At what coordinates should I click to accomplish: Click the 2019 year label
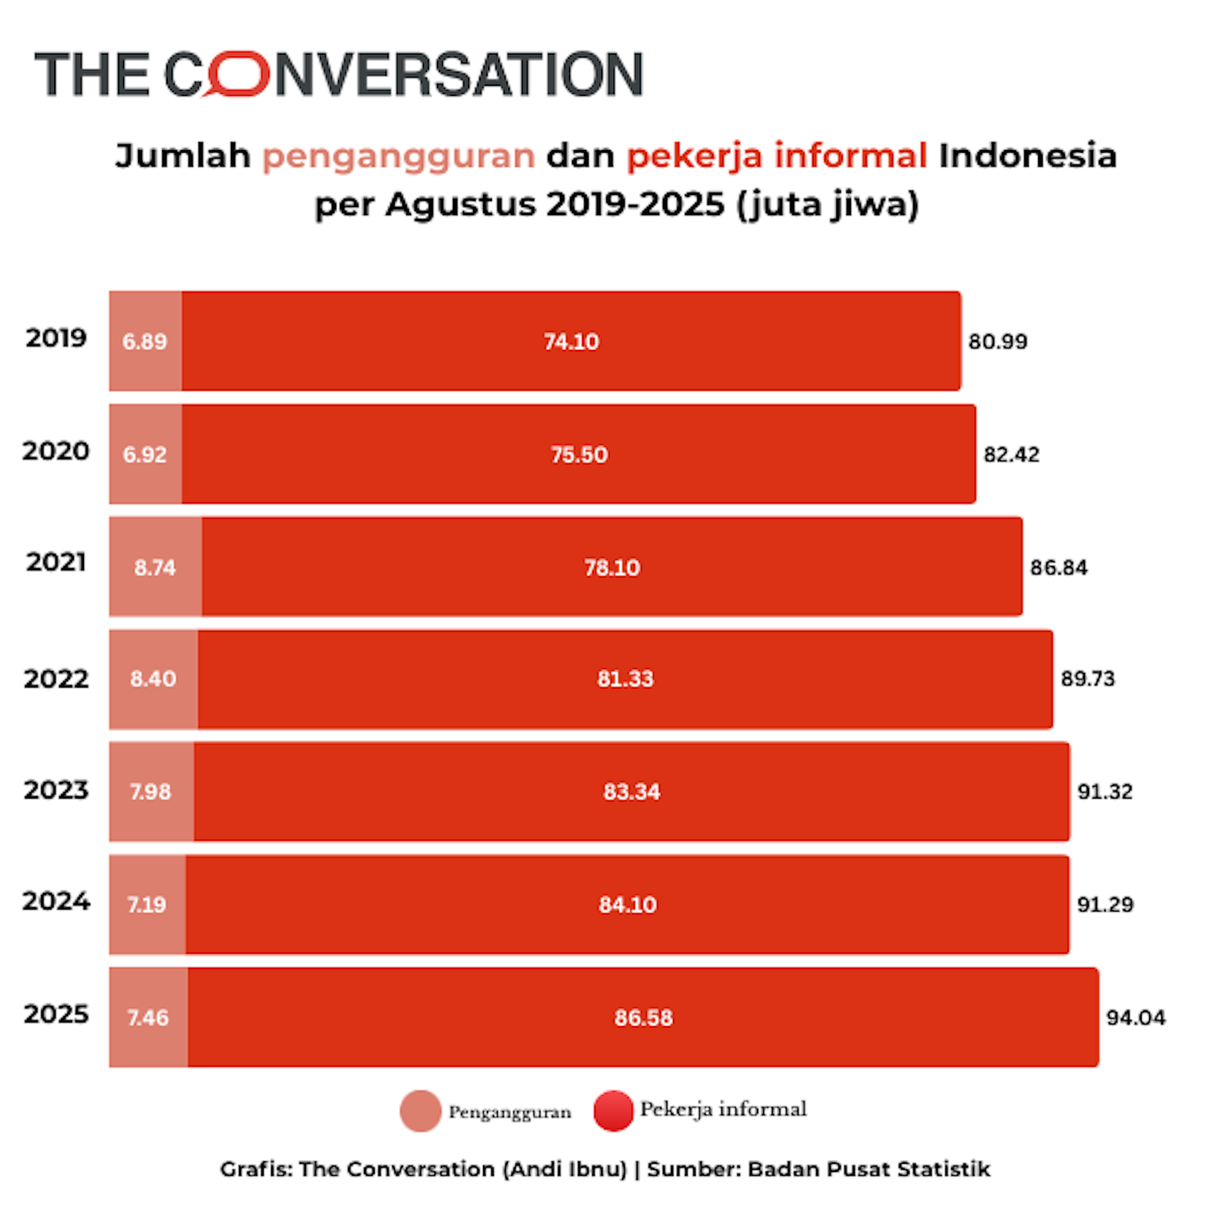pyautogui.click(x=56, y=338)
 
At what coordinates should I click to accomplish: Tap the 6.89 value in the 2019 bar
pyautogui.click(x=144, y=342)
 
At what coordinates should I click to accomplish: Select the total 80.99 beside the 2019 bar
pyautogui.click(x=998, y=342)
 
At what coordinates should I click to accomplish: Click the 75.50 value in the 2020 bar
pyautogui.click(x=579, y=455)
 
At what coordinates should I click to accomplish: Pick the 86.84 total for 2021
pyautogui.click(x=1058, y=568)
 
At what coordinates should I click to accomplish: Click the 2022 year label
pyautogui.click(x=56, y=679)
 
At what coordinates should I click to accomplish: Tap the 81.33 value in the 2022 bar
pyautogui.click(x=625, y=679)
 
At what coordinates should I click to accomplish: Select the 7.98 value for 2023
pyautogui.click(x=150, y=792)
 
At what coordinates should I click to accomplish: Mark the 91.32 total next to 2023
pyautogui.click(x=1104, y=792)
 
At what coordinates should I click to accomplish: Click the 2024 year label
pyautogui.click(x=56, y=901)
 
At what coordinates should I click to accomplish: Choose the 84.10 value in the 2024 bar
pyautogui.click(x=628, y=905)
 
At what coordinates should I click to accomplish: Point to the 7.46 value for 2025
pyautogui.click(x=148, y=1018)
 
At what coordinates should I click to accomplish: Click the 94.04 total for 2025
pyautogui.click(x=1135, y=1018)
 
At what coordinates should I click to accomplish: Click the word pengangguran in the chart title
pyautogui.click(x=399, y=156)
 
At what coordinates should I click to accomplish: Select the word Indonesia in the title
pyautogui.click(x=1027, y=156)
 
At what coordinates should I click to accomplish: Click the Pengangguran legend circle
pyautogui.click(x=420, y=1111)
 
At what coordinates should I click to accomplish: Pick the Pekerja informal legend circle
pyautogui.click(x=613, y=1111)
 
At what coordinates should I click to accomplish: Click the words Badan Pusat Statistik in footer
pyautogui.click(x=869, y=1169)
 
